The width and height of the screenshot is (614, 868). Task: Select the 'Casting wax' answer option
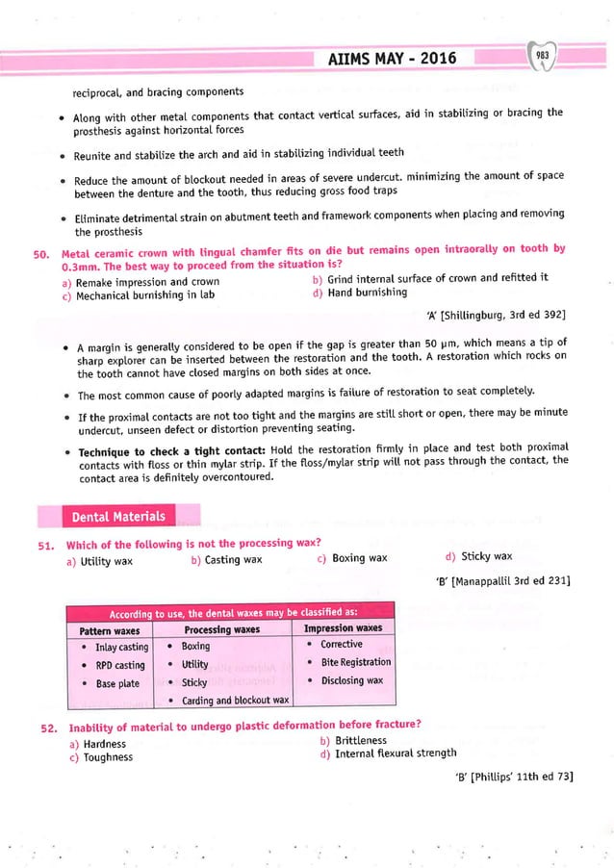pyautogui.click(x=231, y=559)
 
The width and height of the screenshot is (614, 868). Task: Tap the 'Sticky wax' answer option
pyautogui.click(x=485, y=556)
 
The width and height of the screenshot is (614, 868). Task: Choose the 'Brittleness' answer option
pyautogui.click(x=360, y=740)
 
